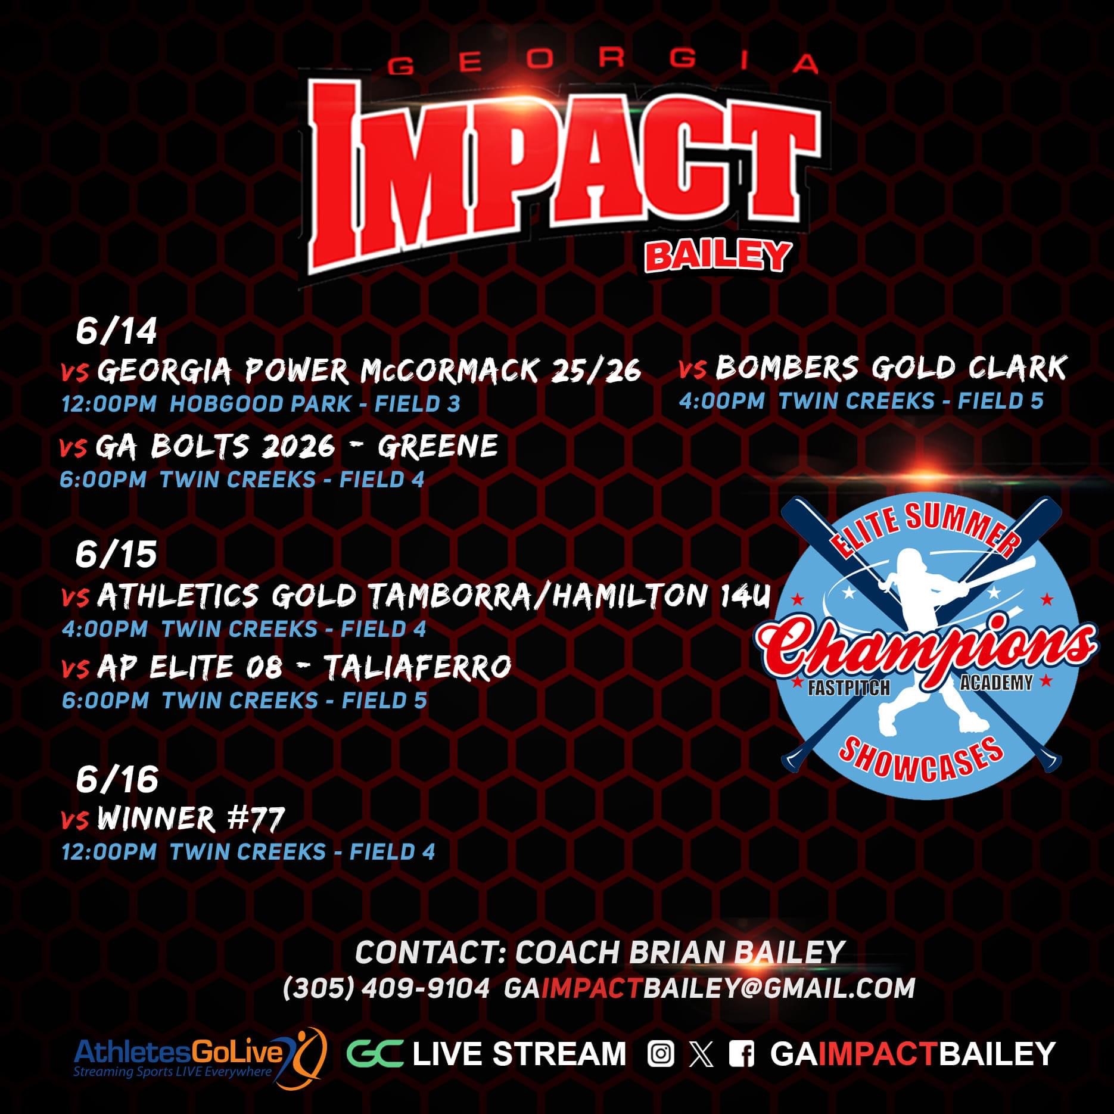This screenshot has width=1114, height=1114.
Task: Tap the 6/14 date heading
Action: (x=116, y=332)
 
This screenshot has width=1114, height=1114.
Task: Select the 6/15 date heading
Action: (x=116, y=555)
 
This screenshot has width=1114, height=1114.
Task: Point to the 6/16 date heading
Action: (x=117, y=779)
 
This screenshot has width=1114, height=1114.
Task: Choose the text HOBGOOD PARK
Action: (x=260, y=404)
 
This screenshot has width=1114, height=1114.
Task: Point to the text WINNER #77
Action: (x=191, y=819)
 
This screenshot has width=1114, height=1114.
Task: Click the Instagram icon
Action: (x=661, y=1053)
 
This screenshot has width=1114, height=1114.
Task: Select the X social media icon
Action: (x=701, y=1053)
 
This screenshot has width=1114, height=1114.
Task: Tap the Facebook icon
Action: (x=742, y=1053)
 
